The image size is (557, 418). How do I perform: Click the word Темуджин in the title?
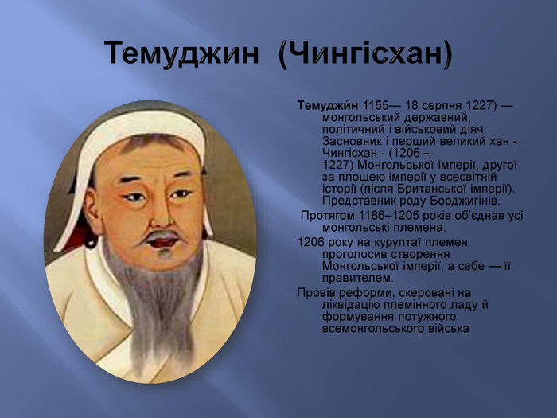(181, 53)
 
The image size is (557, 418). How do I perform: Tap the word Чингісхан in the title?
(365, 54)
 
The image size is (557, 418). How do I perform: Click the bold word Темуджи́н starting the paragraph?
(328, 105)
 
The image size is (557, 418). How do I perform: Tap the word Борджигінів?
(465, 201)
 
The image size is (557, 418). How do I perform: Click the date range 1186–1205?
(388, 216)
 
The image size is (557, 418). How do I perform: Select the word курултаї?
(398, 242)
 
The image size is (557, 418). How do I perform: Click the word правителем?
(358, 278)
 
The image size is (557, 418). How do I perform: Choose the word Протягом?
(328, 216)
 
